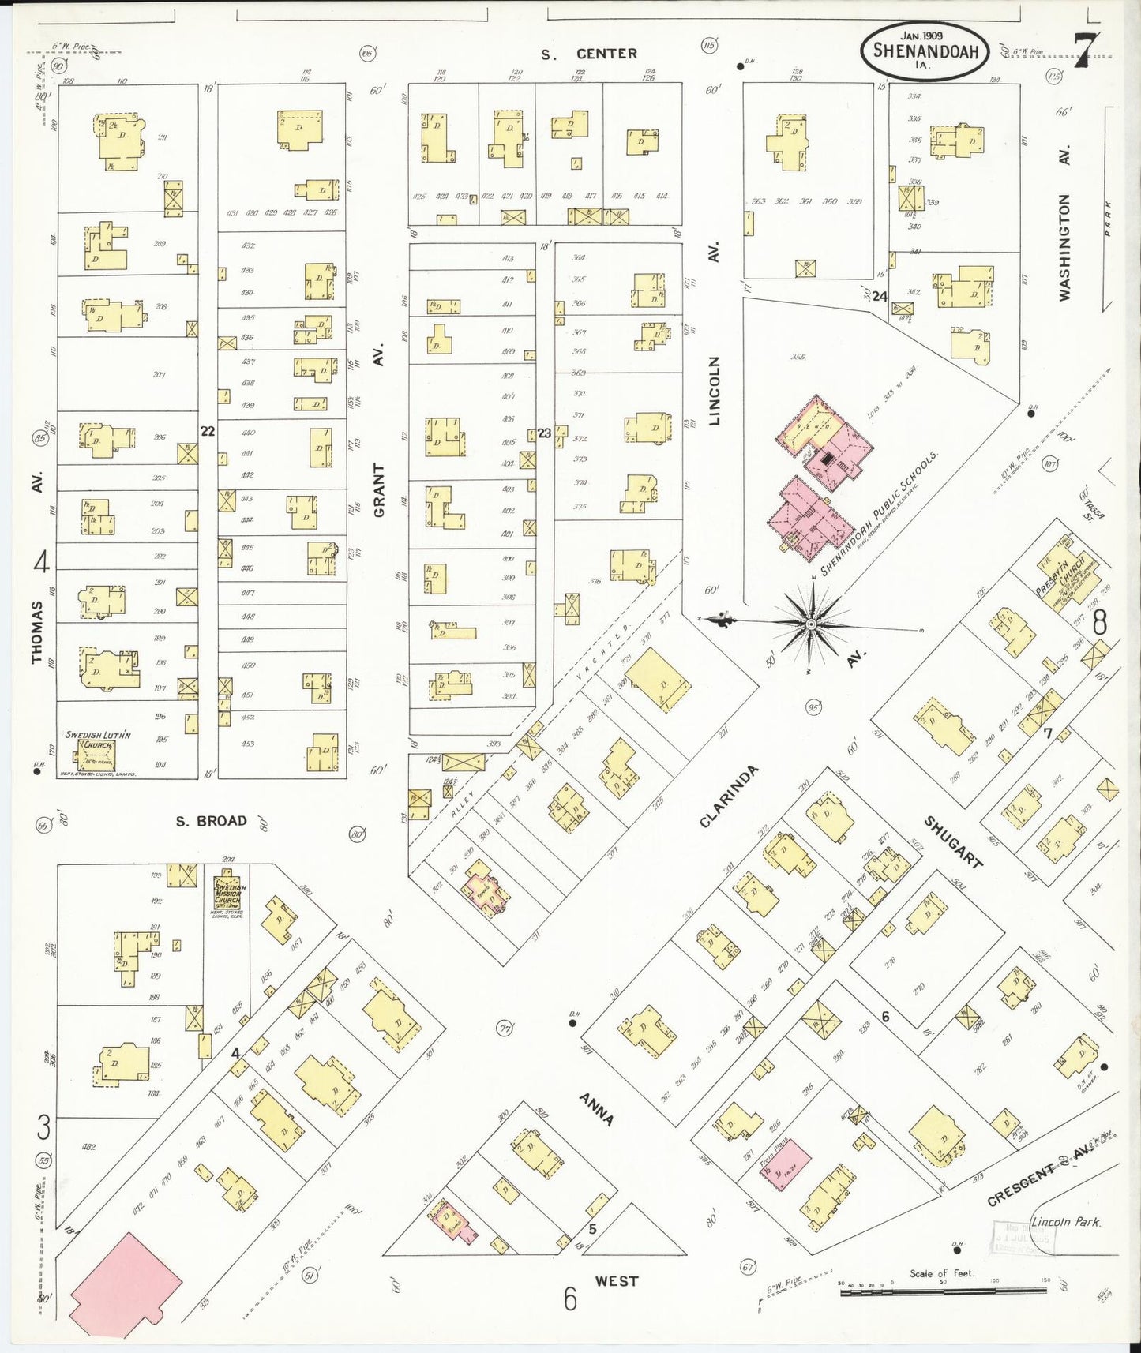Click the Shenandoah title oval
(924, 51)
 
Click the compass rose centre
(811, 624)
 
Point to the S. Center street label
(589, 54)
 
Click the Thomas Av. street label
(36, 632)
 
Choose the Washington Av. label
(1064, 247)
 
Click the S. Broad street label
(211, 821)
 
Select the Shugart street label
(953, 842)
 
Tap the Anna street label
(596, 1108)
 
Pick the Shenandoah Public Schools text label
(879, 514)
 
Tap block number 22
(208, 431)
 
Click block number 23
(544, 433)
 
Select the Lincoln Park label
(1066, 1222)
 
